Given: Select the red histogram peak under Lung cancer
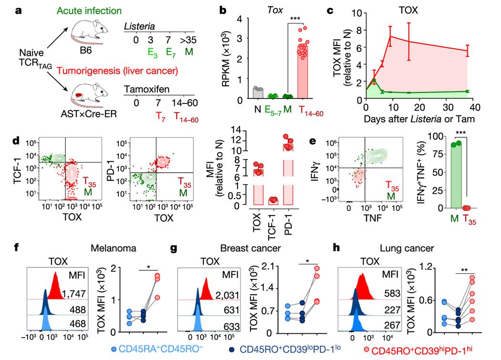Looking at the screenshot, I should pos(364,284).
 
